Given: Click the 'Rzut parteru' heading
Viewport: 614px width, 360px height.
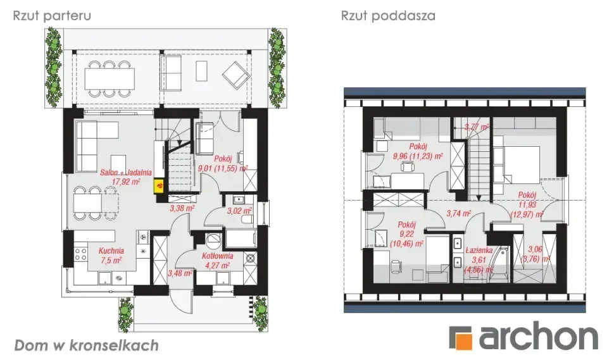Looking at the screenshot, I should pos(52,16).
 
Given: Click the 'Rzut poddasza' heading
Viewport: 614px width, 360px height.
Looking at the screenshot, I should pos(388,16).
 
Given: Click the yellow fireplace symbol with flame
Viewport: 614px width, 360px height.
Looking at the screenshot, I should pos(159,185).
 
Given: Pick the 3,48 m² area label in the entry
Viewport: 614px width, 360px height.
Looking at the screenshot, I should pos(180,273).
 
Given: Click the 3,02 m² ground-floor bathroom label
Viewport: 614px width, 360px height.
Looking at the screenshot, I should pos(239,211).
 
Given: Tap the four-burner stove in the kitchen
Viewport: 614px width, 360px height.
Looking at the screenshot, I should pos(81,256).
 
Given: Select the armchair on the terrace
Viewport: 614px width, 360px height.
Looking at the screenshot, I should pos(235,77).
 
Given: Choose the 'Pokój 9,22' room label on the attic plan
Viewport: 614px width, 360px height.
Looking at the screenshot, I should pos(407,233).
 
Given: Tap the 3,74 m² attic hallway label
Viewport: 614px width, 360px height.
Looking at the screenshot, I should pos(459,214).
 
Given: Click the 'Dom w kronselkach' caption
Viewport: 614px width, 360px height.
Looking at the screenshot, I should pos(86,345).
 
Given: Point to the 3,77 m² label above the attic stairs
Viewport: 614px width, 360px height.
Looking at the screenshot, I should pos(476,127).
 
